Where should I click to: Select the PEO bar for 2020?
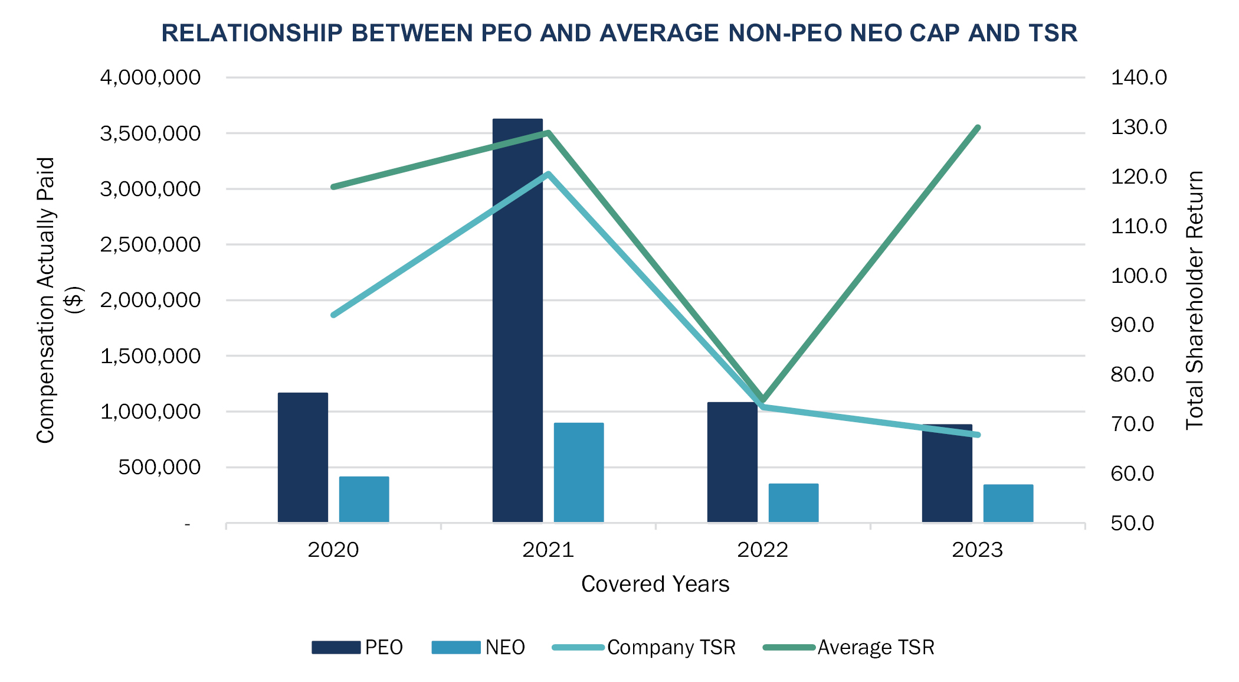coord(303,458)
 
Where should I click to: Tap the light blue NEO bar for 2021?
coord(578,472)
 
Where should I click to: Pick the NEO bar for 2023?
coord(1008,503)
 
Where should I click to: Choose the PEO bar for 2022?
coord(732,462)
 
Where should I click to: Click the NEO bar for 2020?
coord(364,499)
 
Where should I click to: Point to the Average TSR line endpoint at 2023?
coord(978,128)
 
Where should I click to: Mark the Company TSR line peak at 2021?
coord(548,174)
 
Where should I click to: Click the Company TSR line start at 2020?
coord(334,315)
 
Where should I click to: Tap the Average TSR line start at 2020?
coord(334,187)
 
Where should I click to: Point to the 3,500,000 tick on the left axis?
coord(150,133)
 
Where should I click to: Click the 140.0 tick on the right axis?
coord(1139,77)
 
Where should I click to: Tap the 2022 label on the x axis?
coord(762,550)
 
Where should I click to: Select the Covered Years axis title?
coord(655,584)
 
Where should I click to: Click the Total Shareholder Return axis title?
coord(1195,300)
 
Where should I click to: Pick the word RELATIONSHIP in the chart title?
coord(252,33)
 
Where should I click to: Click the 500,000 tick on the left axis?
coord(159,467)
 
